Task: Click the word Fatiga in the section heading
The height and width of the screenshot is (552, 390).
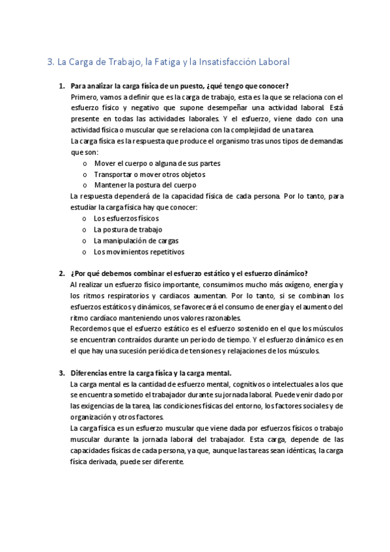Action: click(169, 62)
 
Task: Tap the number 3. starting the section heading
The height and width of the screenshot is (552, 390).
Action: click(51, 62)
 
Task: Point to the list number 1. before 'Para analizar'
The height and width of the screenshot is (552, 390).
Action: click(62, 86)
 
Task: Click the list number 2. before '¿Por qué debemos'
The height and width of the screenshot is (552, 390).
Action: click(62, 273)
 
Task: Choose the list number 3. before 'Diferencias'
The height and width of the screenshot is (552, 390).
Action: click(62, 373)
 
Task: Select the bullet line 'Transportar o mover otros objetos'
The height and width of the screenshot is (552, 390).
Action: click(150, 174)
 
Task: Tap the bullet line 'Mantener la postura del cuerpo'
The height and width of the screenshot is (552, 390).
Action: click(145, 185)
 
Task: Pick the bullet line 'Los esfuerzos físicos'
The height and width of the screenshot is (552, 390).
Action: click(126, 218)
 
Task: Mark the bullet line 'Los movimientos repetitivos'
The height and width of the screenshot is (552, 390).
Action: click(139, 251)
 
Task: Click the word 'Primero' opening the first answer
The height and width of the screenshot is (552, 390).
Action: click(84, 97)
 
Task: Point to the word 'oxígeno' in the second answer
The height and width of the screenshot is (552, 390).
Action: click(298, 285)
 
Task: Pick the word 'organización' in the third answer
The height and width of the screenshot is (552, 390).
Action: click(90, 418)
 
